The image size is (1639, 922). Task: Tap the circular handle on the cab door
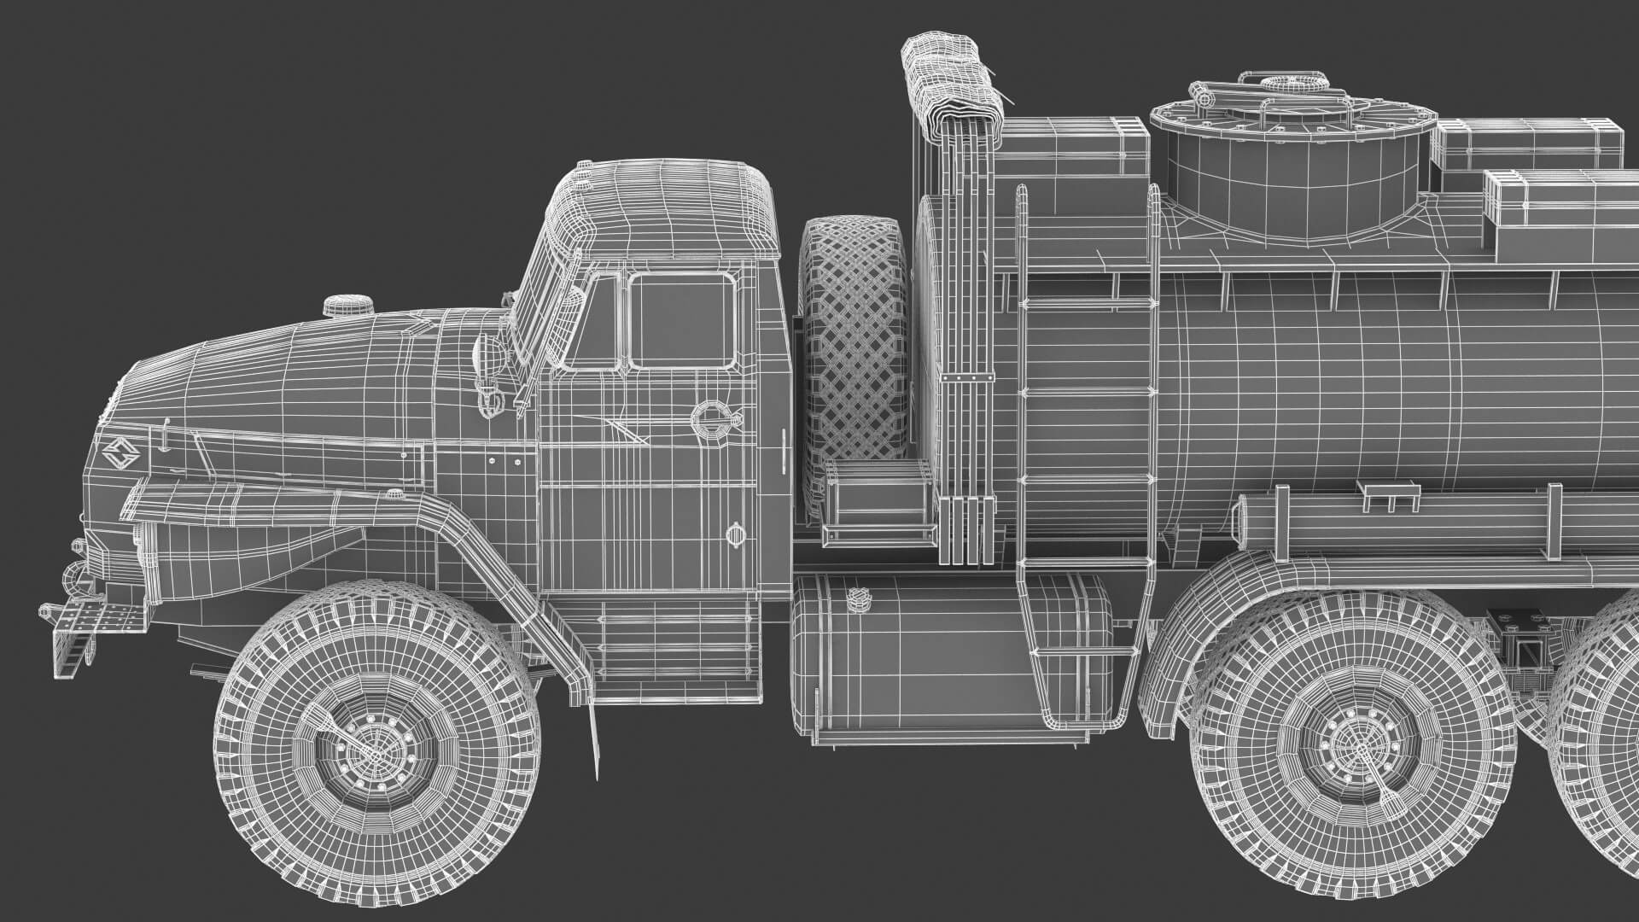(709, 417)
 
